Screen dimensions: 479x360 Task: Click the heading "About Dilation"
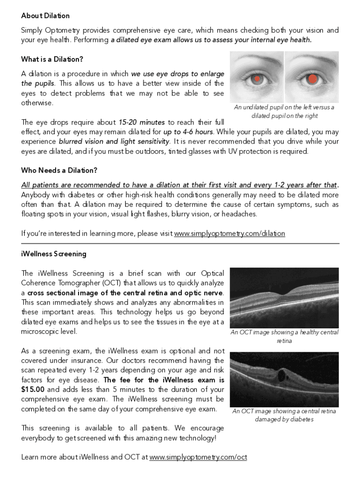tap(45, 16)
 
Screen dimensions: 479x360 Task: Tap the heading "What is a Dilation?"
tap(52, 59)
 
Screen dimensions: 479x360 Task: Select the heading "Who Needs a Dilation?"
tap(59, 170)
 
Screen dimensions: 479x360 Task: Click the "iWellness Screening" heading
tap(54, 254)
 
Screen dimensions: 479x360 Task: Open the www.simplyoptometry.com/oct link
tap(198, 457)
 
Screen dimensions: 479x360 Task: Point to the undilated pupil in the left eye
tap(256, 79)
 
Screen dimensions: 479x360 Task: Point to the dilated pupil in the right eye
tap(312, 79)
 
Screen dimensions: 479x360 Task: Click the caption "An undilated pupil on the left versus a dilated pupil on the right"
tap(284, 111)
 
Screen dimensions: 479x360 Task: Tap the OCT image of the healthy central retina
tap(284, 298)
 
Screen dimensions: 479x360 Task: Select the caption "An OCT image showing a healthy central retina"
tap(284, 336)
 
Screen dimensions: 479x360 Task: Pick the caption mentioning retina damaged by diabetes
tap(284, 415)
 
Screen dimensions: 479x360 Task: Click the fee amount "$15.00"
tap(33, 390)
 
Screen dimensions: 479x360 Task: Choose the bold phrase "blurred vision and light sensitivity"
tap(114, 142)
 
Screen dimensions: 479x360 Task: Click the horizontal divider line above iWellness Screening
tap(180, 244)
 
